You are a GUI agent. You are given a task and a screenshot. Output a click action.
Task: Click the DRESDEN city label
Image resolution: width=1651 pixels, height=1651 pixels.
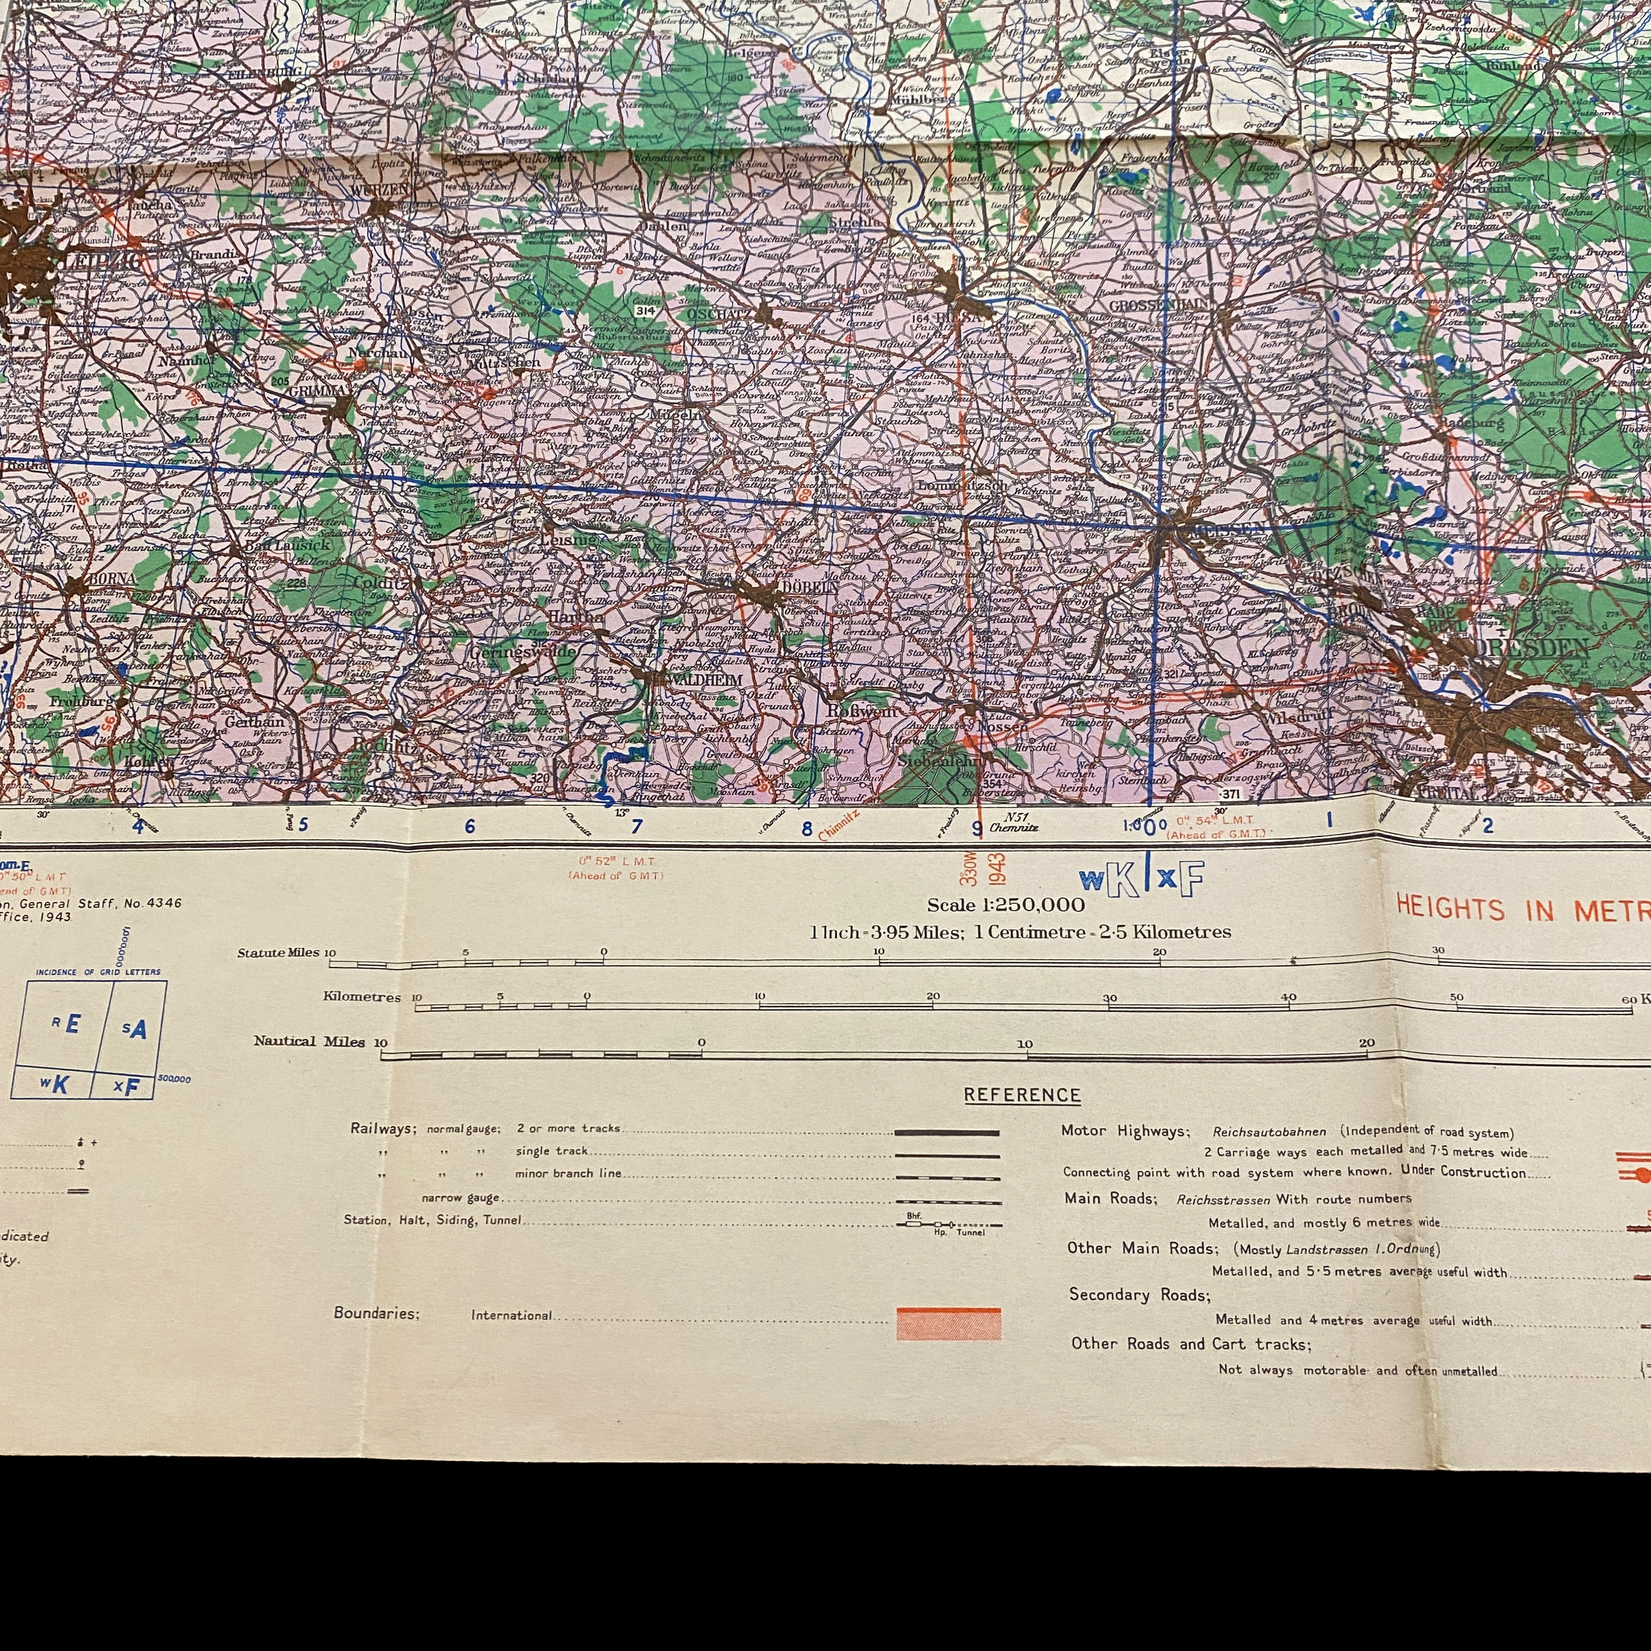tap(1534, 647)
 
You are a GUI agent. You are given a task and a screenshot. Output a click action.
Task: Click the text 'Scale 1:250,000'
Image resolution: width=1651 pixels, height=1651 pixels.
tap(1006, 905)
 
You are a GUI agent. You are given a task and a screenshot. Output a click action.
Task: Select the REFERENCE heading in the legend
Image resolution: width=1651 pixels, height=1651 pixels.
tap(1022, 1096)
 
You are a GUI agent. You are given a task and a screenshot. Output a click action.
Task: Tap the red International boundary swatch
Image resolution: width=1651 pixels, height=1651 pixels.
tap(948, 1323)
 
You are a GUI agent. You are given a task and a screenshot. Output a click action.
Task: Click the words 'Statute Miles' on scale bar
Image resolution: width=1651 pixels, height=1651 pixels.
tap(278, 953)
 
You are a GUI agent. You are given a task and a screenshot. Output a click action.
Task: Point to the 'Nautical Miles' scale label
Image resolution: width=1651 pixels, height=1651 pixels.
tap(308, 1041)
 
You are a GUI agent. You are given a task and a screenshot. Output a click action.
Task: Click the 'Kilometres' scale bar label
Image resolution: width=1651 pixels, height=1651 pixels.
tap(361, 997)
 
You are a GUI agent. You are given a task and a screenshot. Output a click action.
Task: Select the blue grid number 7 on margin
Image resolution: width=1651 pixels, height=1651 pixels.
tap(636, 825)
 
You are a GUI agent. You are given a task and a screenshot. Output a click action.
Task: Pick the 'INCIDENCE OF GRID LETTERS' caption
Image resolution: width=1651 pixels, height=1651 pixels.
tap(98, 971)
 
